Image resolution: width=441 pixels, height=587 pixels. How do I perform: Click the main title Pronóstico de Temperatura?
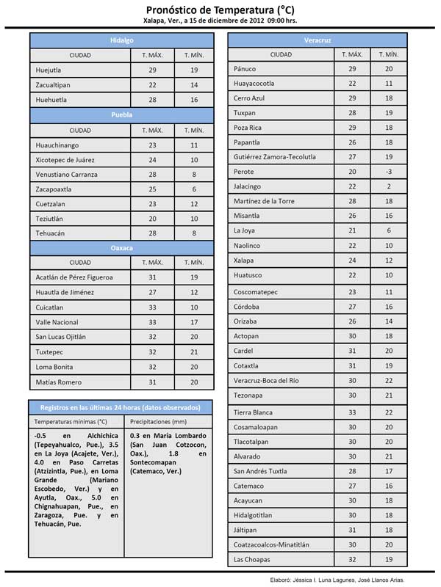click(x=220, y=9)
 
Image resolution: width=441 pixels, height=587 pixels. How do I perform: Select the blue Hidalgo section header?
click(x=122, y=40)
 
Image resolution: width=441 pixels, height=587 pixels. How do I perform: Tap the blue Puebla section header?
click(x=122, y=115)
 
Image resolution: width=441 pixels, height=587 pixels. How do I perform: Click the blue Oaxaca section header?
click(x=122, y=248)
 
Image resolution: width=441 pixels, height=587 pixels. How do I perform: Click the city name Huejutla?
click(x=49, y=70)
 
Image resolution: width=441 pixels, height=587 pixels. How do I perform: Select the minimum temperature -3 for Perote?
click(x=389, y=172)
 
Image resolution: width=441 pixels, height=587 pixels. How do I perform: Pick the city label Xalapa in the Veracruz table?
click(x=243, y=260)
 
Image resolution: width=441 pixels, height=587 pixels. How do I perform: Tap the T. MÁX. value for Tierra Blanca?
click(x=352, y=412)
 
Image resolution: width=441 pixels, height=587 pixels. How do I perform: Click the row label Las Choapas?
click(x=251, y=560)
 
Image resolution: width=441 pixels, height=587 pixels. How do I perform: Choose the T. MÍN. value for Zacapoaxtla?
click(x=194, y=189)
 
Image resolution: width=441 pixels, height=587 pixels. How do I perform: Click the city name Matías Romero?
click(x=59, y=382)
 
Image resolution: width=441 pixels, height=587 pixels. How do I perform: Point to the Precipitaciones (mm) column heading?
click(x=158, y=422)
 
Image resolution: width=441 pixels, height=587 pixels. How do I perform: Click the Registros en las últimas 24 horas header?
click(x=121, y=406)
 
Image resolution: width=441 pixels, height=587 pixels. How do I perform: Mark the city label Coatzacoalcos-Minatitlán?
click(x=274, y=544)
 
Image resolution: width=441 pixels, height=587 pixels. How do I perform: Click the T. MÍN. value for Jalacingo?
click(x=389, y=186)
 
